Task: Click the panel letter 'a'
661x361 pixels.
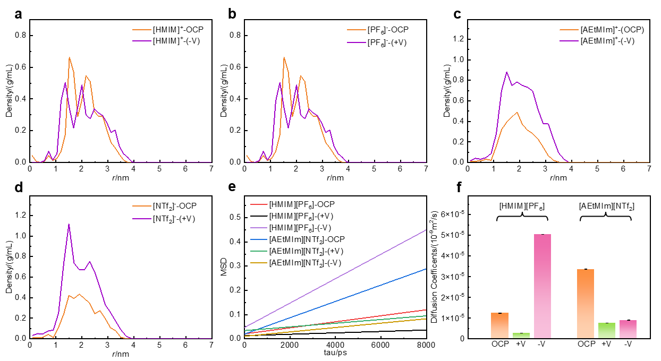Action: (x=19, y=14)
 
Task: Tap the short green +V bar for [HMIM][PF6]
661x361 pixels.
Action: (x=521, y=336)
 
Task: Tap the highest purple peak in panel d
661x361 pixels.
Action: (x=69, y=225)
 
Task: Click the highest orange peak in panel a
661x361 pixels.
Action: (x=69, y=58)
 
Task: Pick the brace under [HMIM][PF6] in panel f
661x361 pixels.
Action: (x=521, y=215)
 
